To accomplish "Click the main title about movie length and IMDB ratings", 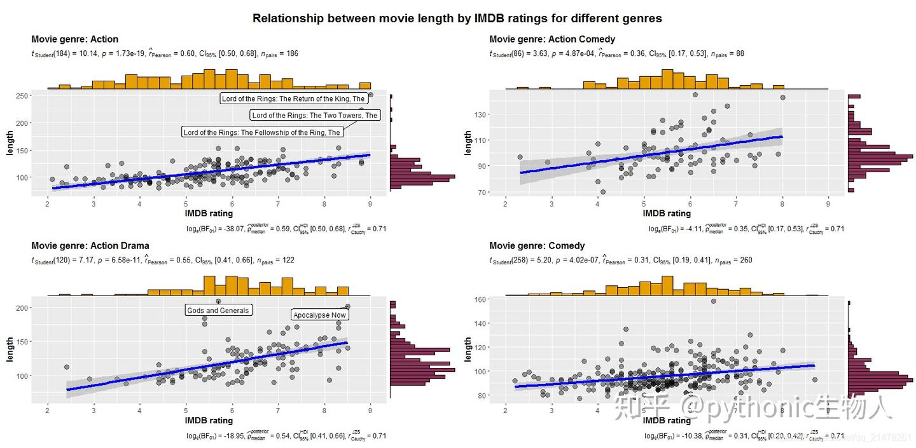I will (457, 18).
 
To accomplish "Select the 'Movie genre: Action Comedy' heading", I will (552, 39).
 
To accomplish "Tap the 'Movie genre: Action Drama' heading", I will (90, 245).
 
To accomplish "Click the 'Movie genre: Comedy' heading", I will (537, 245).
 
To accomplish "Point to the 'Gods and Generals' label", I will (218, 311).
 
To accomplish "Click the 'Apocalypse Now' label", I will (320, 315).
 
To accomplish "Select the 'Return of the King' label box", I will (293, 98).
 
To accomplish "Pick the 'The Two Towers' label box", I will (315, 116).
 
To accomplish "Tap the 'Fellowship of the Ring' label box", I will (261, 132).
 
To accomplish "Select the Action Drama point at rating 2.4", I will (66, 367).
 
